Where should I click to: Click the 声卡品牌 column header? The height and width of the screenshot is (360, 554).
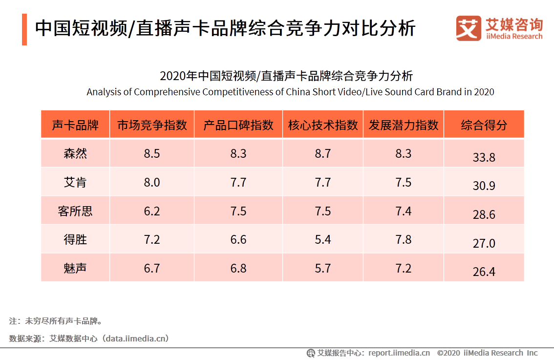point(75,125)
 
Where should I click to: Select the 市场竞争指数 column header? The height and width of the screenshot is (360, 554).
point(152,125)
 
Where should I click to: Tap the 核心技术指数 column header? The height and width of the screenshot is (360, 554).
point(323,125)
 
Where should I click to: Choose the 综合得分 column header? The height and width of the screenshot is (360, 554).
point(484,125)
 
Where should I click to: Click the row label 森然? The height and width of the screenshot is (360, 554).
point(75,153)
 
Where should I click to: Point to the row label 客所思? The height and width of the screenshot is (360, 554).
point(75,211)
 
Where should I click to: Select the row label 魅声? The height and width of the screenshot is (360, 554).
point(75,268)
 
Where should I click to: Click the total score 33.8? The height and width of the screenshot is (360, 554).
point(484,157)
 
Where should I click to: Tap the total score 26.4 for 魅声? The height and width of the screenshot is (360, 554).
point(484,272)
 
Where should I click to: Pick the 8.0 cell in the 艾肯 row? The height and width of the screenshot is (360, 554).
point(152,182)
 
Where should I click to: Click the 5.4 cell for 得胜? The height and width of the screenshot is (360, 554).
point(323,239)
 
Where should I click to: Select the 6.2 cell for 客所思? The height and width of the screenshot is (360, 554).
point(152,211)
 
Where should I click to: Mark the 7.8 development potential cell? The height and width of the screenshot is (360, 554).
point(404,239)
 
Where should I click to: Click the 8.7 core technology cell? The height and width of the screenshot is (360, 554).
point(323,153)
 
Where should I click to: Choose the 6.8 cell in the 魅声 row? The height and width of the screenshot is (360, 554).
point(238,268)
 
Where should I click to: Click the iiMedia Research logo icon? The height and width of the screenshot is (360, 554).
point(468,28)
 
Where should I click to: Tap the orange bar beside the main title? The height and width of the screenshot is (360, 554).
point(24,29)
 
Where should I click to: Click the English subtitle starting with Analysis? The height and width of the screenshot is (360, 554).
point(290,92)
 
